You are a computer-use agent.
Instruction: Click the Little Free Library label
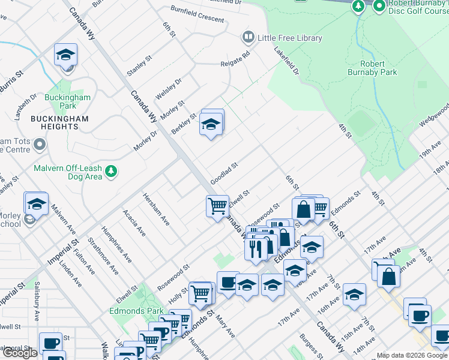click(x=289, y=38)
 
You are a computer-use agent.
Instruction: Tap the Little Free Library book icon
click(x=248, y=38)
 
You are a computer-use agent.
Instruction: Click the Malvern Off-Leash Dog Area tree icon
click(x=111, y=172)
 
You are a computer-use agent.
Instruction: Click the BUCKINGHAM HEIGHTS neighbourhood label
click(x=59, y=124)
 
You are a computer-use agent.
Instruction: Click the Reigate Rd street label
click(x=235, y=59)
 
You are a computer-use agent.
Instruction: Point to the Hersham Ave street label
click(x=155, y=209)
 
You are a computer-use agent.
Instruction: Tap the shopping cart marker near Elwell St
click(x=217, y=205)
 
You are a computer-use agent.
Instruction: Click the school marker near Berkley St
click(x=211, y=124)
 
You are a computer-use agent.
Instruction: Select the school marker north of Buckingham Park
click(x=65, y=55)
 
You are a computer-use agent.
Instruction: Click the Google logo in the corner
click(x=20, y=353)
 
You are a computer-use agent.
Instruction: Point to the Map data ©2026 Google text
click(x=412, y=355)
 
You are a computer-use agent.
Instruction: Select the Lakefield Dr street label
click(x=286, y=61)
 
